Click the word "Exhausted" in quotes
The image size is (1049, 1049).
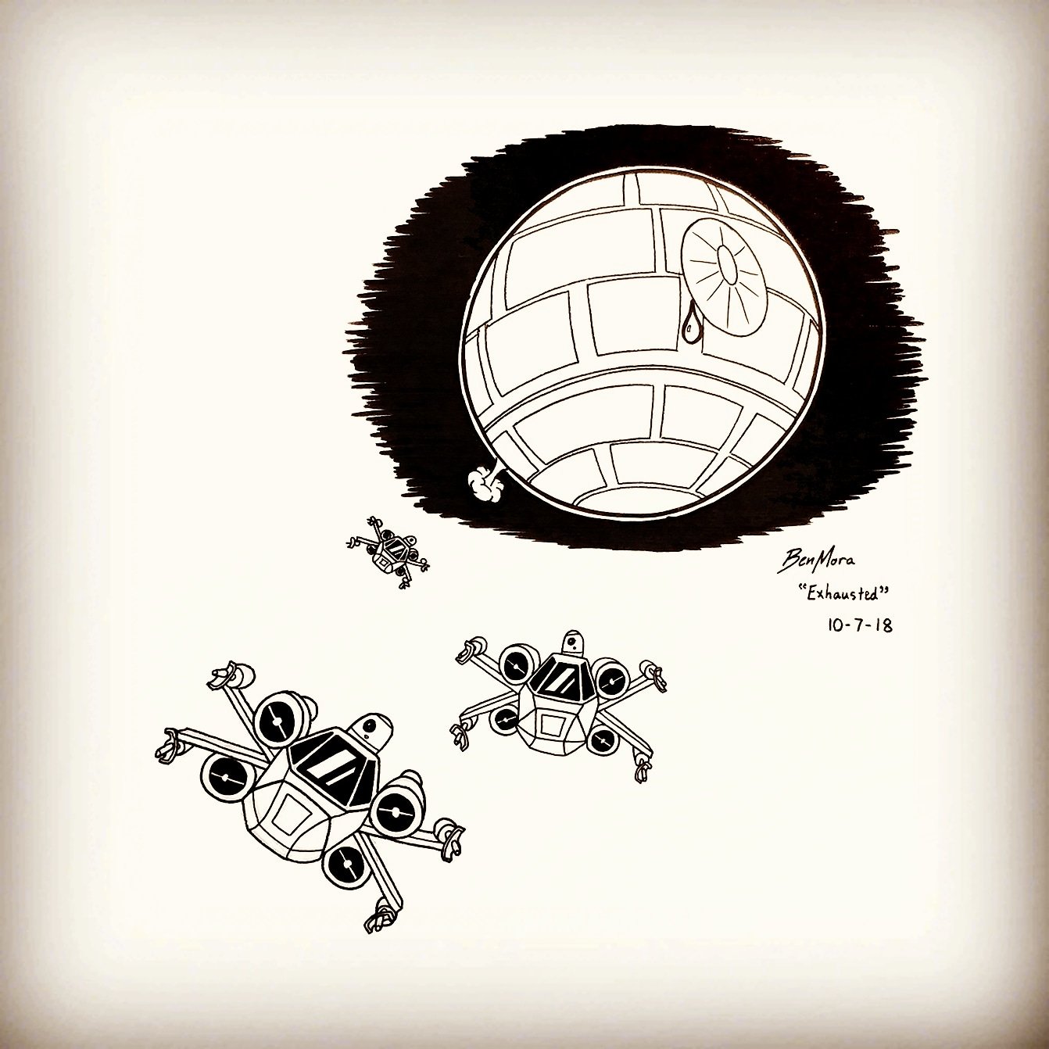842,595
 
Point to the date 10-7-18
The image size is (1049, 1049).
860,625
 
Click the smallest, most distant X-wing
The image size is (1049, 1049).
388,552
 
